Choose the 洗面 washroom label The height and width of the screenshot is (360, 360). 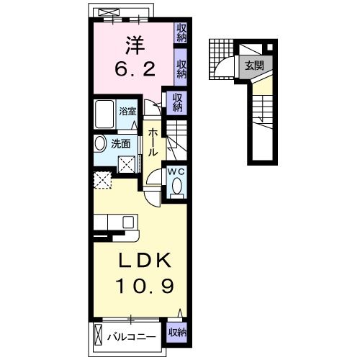120,143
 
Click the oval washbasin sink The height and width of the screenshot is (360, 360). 100,143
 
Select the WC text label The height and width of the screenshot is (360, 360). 176,173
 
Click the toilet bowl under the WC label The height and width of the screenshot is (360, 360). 177,189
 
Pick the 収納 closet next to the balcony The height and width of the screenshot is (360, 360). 177,333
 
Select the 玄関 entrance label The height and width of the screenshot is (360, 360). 253,65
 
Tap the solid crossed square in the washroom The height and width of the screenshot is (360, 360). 127,164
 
